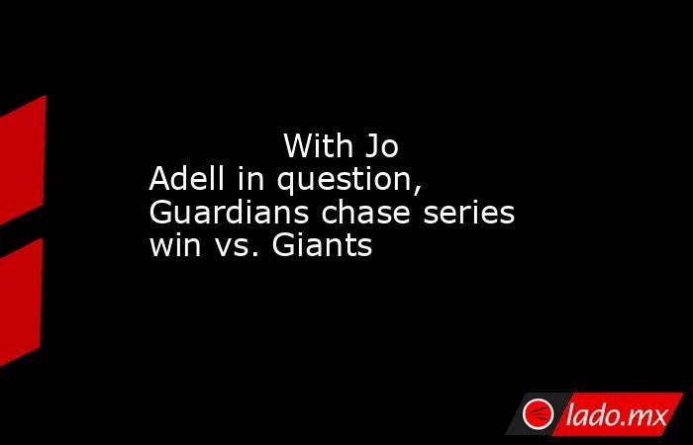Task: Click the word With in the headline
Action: pyautogui.click(x=318, y=145)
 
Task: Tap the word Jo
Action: pyautogui.click(x=381, y=146)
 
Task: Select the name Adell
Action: pyautogui.click(x=186, y=179)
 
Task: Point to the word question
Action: pyautogui.click(x=346, y=181)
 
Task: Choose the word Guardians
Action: pyautogui.click(x=229, y=212)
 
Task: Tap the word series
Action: pyautogui.click(x=468, y=213)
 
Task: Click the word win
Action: pyautogui.click(x=175, y=245)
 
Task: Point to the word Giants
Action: pyautogui.click(x=322, y=245)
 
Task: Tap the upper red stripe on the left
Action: pyautogui.click(x=22, y=160)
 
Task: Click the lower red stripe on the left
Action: pyautogui.click(x=21, y=302)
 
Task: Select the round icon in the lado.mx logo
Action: pyautogui.click(x=538, y=414)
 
